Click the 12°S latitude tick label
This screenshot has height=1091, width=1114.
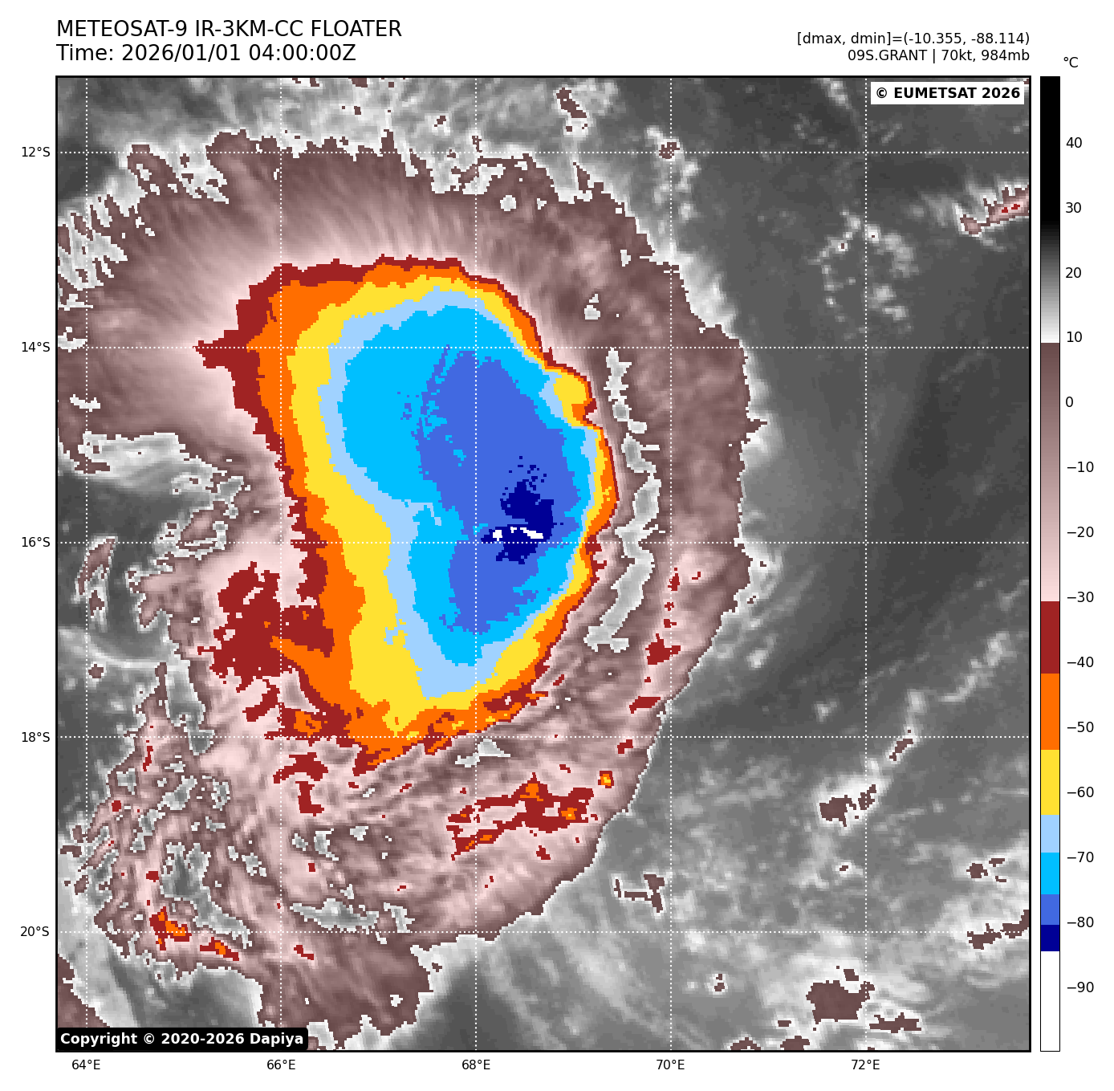tap(35, 153)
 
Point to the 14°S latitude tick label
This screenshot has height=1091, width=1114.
tap(35, 348)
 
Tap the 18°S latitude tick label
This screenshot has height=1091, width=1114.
tap(35, 737)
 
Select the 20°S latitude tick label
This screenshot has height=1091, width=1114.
tap(35, 932)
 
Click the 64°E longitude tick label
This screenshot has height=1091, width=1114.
tap(86, 1065)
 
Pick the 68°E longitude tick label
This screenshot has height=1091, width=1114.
tap(476, 1065)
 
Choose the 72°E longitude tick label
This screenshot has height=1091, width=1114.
tap(865, 1065)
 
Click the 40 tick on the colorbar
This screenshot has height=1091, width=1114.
tap(1074, 144)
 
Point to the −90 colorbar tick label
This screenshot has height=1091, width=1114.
tap(1079, 987)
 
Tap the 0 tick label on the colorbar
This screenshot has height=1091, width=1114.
tap(1069, 403)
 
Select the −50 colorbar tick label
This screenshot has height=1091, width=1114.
tap(1079, 727)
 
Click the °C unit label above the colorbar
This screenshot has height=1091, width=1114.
tap(1071, 63)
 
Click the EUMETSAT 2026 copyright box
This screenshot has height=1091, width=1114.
tap(948, 93)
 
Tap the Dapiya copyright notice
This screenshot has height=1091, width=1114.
tap(182, 1039)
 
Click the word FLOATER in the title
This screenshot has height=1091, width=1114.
tap(356, 30)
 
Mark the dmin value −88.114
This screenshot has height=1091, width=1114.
tap(999, 39)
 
